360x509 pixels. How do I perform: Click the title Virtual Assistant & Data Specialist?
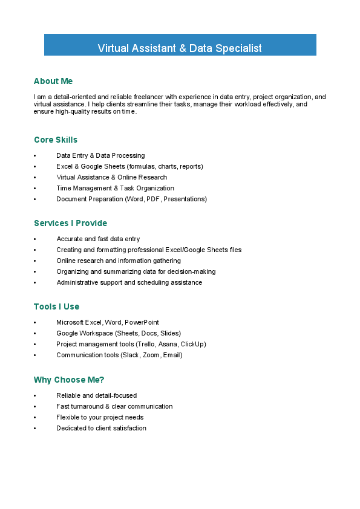tap(180, 48)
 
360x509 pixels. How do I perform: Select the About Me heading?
tap(53, 81)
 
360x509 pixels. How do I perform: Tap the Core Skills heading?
tap(56, 140)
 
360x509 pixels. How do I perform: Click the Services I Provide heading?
tap(70, 223)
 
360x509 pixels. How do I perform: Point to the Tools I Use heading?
tap(56, 306)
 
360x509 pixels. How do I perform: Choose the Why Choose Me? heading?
tap(69, 380)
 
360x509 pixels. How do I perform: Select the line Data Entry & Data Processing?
tap(100, 155)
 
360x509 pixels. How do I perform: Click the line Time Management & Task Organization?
tap(115, 188)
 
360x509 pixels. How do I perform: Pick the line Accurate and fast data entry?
tap(98, 239)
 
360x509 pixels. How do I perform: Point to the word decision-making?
tap(194, 271)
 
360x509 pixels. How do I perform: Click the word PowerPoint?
tap(142, 322)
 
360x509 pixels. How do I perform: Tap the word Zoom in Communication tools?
tap(151, 355)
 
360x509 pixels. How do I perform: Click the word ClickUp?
tap(192, 344)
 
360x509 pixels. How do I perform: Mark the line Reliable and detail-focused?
tap(97, 395)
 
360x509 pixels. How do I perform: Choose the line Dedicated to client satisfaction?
tap(101, 428)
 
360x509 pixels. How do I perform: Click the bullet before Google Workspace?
tap(35, 334)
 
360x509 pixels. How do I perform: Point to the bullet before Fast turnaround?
tap(35, 407)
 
